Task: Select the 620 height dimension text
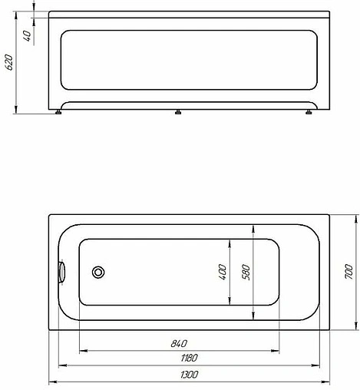(9, 62)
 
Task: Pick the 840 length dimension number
(180, 343)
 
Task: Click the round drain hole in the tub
(98, 272)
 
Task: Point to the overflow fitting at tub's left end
(62, 272)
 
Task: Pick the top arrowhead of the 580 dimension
(254, 226)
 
